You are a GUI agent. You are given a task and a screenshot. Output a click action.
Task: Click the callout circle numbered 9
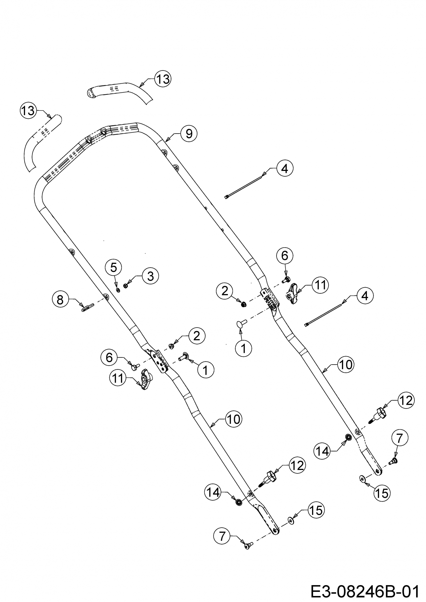[189, 133]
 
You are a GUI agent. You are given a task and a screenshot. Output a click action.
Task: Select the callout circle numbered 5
[113, 268]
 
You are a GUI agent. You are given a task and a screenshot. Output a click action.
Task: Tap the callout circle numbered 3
[150, 276]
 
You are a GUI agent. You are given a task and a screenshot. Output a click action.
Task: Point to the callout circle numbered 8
[60, 299]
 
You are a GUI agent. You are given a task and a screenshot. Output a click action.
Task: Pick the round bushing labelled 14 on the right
[348, 437]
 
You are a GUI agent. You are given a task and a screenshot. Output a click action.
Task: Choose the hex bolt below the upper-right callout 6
[286, 280]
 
